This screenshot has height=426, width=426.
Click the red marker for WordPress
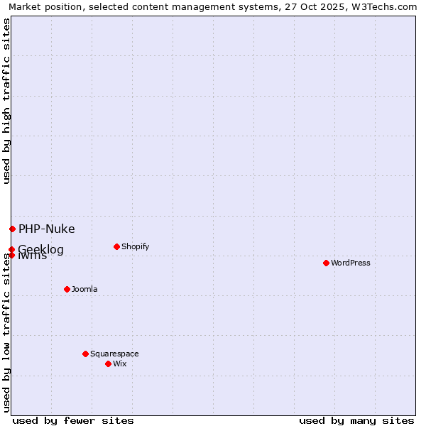[326, 263]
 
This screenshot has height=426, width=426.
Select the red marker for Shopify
[116, 246]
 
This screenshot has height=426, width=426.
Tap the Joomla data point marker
[67, 289]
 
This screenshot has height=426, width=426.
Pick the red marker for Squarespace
[85, 354]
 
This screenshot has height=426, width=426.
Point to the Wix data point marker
[108, 364]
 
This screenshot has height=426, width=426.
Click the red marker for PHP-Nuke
[12, 229]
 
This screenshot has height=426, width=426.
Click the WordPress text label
[351, 263]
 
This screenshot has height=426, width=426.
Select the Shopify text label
[135, 246]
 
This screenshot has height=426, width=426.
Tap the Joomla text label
[84, 289]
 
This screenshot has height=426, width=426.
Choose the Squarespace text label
[114, 354]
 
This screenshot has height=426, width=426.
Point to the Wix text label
[120, 364]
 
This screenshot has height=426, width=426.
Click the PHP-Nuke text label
[46, 229]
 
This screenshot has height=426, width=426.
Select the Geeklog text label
[41, 249]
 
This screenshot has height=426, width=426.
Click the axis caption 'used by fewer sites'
[73, 420]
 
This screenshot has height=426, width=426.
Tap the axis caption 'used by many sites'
[356, 420]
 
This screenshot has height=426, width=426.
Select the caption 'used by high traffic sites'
[6, 101]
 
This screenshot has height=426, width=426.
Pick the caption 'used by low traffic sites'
[6, 332]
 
